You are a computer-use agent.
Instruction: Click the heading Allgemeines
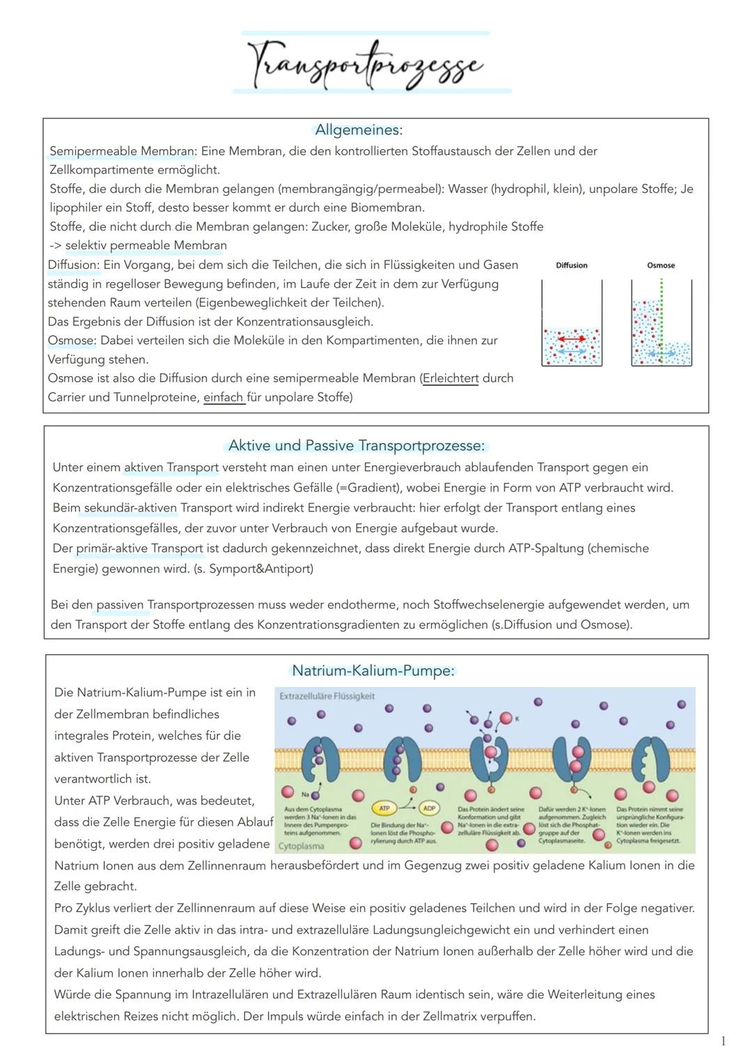click(x=359, y=130)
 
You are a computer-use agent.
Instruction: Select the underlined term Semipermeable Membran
click(x=123, y=151)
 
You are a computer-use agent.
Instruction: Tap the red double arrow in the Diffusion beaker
click(x=571, y=339)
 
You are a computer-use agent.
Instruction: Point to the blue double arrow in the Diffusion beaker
click(x=571, y=353)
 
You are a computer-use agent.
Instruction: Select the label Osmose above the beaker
click(x=661, y=265)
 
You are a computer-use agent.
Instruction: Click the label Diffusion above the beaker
click(x=572, y=265)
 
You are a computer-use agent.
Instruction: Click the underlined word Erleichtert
click(x=451, y=378)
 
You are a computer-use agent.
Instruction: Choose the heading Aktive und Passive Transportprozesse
click(x=357, y=445)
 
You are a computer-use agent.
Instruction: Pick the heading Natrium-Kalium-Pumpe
click(x=373, y=671)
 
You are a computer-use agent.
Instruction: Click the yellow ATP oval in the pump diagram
click(x=384, y=808)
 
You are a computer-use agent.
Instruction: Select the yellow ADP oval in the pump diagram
click(x=429, y=808)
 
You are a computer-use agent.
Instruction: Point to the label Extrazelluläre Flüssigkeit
click(x=327, y=696)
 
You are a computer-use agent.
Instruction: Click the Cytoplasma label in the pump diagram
click(x=301, y=846)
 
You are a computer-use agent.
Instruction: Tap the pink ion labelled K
click(x=506, y=718)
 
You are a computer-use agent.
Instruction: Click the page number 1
click(x=723, y=1041)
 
